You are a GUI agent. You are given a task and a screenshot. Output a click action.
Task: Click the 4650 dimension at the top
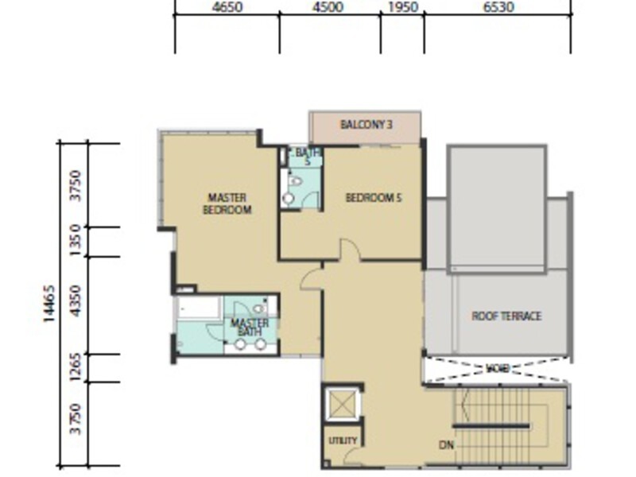[227, 7]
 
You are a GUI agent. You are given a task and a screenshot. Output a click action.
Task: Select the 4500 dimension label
[328, 7]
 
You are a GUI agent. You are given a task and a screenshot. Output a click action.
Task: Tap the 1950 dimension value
[402, 7]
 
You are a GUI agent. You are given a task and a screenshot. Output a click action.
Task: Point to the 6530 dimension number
[498, 7]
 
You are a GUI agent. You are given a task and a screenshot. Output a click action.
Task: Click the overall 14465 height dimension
[48, 304]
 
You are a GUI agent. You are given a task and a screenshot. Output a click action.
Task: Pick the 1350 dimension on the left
[76, 242]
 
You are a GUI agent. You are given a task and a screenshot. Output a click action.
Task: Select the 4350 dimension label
[76, 305]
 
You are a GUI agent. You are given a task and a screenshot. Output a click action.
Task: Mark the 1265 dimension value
[76, 368]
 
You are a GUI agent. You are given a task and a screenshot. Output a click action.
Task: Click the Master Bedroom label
[227, 204]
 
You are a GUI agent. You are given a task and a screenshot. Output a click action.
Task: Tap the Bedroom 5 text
[373, 198]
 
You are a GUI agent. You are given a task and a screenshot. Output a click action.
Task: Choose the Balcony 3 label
[366, 125]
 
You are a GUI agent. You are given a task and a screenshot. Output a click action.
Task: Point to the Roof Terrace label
[506, 316]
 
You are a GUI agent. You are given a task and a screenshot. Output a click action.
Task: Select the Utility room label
[343, 440]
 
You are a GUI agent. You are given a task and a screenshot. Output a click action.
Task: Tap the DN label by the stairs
[445, 446]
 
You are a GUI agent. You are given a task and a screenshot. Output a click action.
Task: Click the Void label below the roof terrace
[497, 369]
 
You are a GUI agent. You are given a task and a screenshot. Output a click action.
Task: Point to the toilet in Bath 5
[296, 181]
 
